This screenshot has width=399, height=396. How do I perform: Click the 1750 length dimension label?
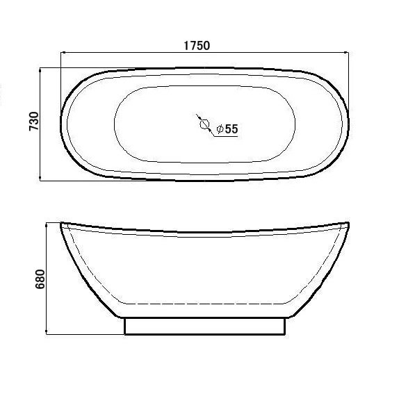pyautogui.click(x=197, y=45)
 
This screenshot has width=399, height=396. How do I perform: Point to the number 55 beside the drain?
pyautogui.click(x=231, y=129)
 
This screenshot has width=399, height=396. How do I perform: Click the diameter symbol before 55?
pyautogui.click(x=219, y=129)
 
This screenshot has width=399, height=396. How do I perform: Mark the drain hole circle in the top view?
pyautogui.click(x=204, y=125)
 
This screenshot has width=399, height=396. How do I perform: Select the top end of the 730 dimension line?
pyautogui.click(x=41, y=68)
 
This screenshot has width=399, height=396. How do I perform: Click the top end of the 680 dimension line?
pyautogui.click(x=47, y=223)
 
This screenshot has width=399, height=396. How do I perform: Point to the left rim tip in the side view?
pyautogui.click(x=61, y=224)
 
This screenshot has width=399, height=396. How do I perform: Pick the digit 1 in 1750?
pyautogui.click(x=186, y=45)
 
